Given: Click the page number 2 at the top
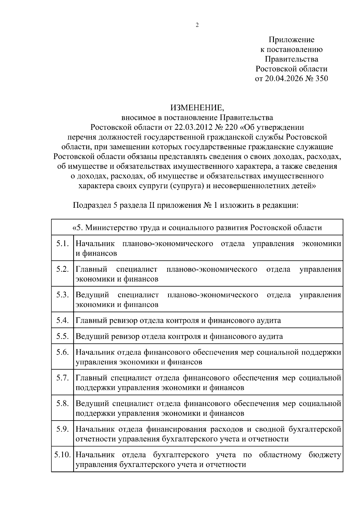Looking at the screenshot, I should point(197,25).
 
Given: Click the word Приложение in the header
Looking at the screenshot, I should point(291,40).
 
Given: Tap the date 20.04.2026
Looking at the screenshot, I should point(283,79).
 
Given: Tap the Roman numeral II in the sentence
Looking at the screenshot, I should point(151,206).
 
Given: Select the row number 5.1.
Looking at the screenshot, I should point(62,243).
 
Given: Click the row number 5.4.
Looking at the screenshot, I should point(62,320).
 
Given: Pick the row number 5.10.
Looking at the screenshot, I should point(62,455).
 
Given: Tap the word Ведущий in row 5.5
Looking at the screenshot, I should point(92,336).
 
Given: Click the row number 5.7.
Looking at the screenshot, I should point(62,378).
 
